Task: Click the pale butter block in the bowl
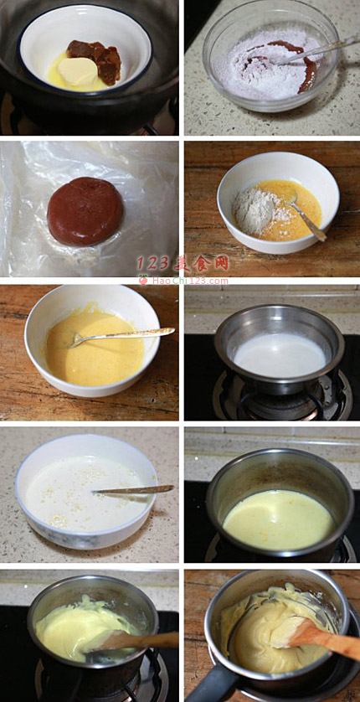[78, 71]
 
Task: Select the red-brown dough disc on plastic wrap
[85, 211]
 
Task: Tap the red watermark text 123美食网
[183, 263]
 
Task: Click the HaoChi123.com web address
[190, 281]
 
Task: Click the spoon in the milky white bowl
[133, 489]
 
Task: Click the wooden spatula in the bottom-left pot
[136, 641]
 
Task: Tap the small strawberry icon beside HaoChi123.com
[143, 280]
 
